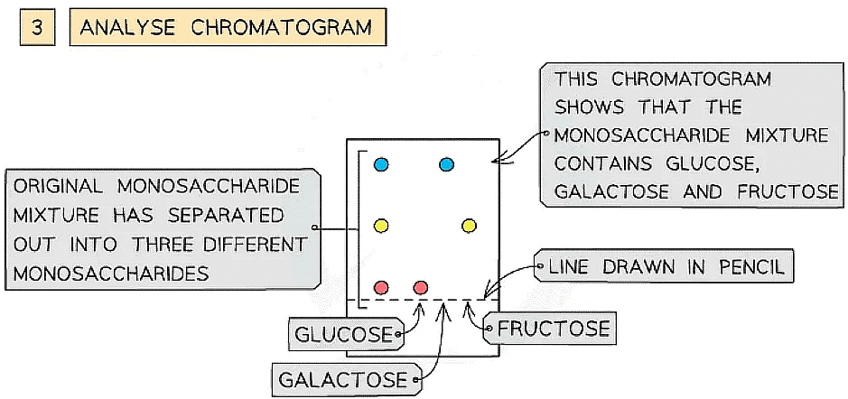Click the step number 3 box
pyautogui.click(x=36, y=27)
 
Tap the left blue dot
pyautogui.click(x=381, y=164)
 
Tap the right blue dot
pyautogui.click(x=446, y=164)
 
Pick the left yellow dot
pyautogui.click(x=381, y=225)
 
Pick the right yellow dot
pyautogui.click(x=469, y=225)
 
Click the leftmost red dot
pyautogui.click(x=381, y=287)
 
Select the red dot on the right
pyautogui.click(x=420, y=287)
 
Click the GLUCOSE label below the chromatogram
pyautogui.click(x=345, y=335)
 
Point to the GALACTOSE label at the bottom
pyautogui.click(x=343, y=379)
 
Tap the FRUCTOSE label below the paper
pyautogui.click(x=554, y=327)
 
